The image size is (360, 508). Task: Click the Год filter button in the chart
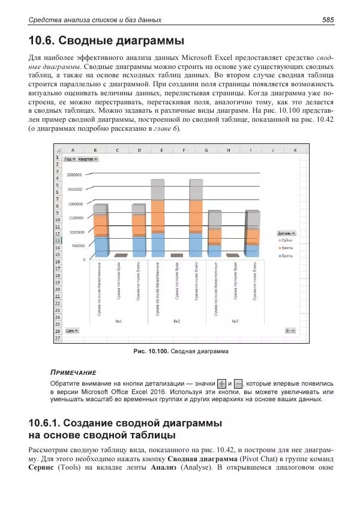[x=70, y=159]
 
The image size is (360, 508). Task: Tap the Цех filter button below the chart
[x=72, y=330]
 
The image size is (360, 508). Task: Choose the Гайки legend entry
[x=287, y=239]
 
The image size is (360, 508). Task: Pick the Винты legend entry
[x=287, y=247]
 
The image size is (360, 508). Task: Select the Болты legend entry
[x=287, y=255]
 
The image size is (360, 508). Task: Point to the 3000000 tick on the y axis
[x=74, y=175]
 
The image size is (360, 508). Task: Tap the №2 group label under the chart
[x=177, y=321]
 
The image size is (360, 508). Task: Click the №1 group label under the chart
[x=119, y=321]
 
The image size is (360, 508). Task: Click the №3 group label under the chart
[x=235, y=321]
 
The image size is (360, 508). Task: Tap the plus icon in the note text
[x=222, y=383]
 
